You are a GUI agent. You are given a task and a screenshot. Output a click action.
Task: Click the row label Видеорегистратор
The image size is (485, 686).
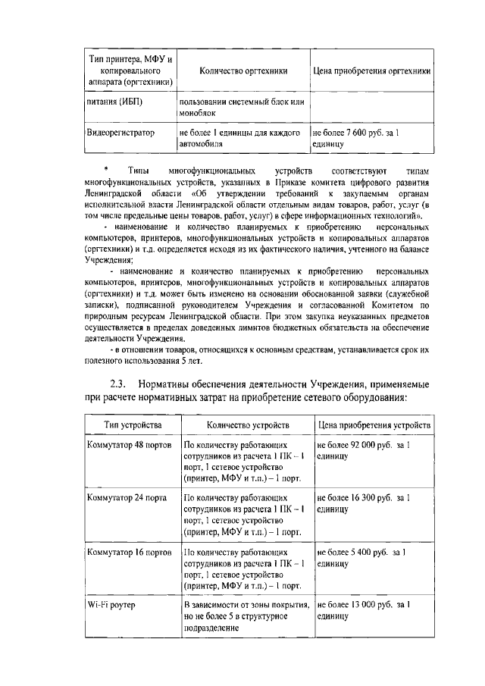pyautogui.click(x=121, y=133)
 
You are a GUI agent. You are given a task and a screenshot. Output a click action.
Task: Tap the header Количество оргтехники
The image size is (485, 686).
pyautogui.click(x=243, y=71)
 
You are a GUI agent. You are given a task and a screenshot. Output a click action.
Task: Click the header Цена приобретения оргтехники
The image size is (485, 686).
pyautogui.click(x=372, y=71)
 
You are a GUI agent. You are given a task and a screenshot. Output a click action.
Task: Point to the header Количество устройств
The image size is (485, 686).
pyautogui.click(x=243, y=424)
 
